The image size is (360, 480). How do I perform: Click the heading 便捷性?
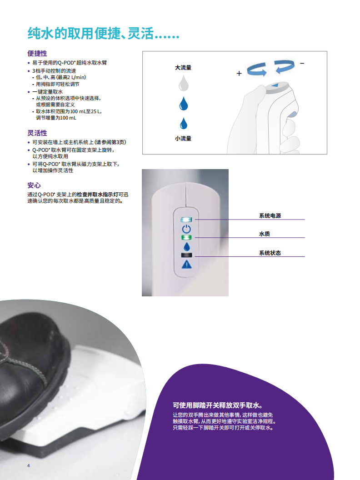pos(37,53)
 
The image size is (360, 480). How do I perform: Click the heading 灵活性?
pos(37,133)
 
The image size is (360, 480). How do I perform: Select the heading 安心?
pos(34,185)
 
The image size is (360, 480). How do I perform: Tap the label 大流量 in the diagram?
pos(183,67)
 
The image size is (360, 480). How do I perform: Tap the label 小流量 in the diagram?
pos(183,138)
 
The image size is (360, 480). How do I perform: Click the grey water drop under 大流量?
pos(183,83)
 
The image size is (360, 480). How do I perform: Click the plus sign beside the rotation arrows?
pos(239,73)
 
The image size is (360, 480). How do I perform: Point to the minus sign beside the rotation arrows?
pos(302,63)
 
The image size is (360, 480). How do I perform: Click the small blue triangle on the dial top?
pos(275,85)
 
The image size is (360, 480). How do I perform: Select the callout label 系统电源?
pos(270,216)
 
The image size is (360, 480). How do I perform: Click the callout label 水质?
pos(265,234)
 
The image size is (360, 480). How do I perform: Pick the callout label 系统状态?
pos(270,253)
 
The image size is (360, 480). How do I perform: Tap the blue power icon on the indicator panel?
pos(186,229)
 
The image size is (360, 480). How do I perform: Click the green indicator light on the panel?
pos(186,238)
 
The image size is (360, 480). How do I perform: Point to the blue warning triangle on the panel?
pos(186,265)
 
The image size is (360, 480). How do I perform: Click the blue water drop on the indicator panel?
pos(186,246)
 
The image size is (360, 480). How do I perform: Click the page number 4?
pos(29,465)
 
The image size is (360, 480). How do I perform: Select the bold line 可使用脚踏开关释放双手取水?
pos(218,405)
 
